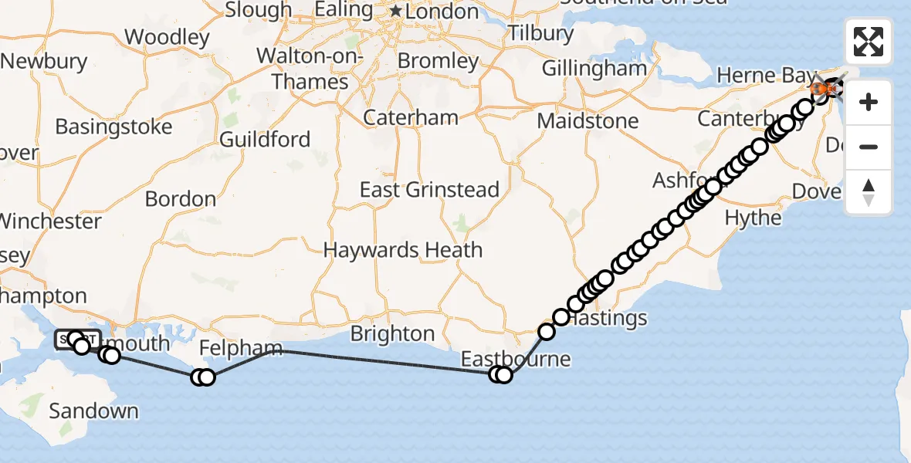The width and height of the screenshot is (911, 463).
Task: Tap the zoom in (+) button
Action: tap(869, 103)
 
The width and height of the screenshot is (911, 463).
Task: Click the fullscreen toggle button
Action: tap(869, 42)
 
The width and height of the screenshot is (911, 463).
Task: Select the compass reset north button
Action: tap(869, 192)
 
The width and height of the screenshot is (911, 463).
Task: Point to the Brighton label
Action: tap(392, 333)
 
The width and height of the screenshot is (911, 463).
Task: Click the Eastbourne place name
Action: tap(516, 359)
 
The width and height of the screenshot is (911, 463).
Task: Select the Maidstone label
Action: tap(588, 121)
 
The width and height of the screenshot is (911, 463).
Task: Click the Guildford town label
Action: tap(265, 140)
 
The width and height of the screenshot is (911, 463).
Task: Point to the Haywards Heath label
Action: tap(403, 250)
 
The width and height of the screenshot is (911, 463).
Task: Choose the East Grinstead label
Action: tap(430, 190)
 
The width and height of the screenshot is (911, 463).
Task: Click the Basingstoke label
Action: tap(113, 127)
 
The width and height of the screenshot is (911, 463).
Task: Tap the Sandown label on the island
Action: tap(93, 411)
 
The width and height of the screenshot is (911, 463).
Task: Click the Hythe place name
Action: tap(753, 218)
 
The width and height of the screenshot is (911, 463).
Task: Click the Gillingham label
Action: tap(594, 68)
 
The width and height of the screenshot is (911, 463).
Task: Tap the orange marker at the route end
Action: tap(821, 90)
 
